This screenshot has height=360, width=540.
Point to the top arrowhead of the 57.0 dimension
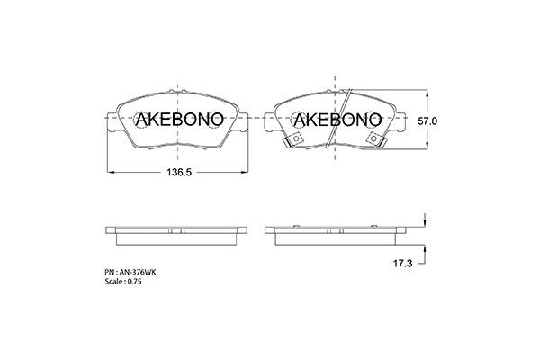(424, 94)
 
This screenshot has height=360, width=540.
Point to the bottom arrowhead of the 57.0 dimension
(424, 146)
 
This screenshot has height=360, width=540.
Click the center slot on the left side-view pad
(176, 229)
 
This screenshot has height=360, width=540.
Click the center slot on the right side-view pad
(335, 229)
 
